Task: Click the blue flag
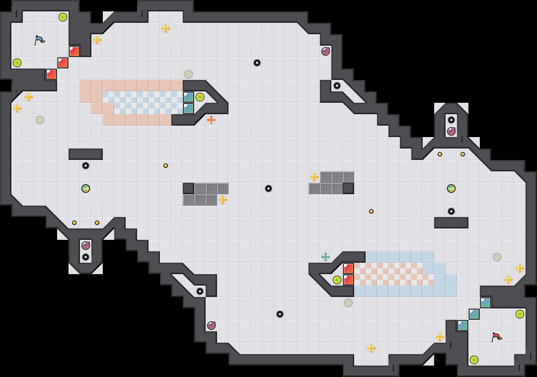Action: coord(39,40)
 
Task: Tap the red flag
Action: coord(496,337)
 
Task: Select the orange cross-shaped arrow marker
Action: coord(211,120)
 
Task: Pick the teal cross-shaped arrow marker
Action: coord(326,257)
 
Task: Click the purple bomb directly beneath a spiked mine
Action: coord(451,131)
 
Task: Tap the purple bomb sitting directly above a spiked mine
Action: coord(86,246)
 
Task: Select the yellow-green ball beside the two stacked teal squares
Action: coord(200,97)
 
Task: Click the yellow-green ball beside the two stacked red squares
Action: coord(337,280)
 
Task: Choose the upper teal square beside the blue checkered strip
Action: coord(189,97)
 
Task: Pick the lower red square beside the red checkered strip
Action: coord(348,280)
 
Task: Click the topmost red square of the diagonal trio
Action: coord(74,51)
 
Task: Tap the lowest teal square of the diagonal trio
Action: coord(463,326)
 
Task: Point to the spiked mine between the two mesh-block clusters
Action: coord(268,188)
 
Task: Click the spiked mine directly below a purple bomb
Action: coord(86,257)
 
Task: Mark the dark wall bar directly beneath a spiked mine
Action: coord(451,223)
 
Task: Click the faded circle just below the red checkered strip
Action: coord(348,303)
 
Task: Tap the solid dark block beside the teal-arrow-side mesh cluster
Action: coord(348,188)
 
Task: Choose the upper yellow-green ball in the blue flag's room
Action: coord(63,17)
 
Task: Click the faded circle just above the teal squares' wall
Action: coord(189,74)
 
